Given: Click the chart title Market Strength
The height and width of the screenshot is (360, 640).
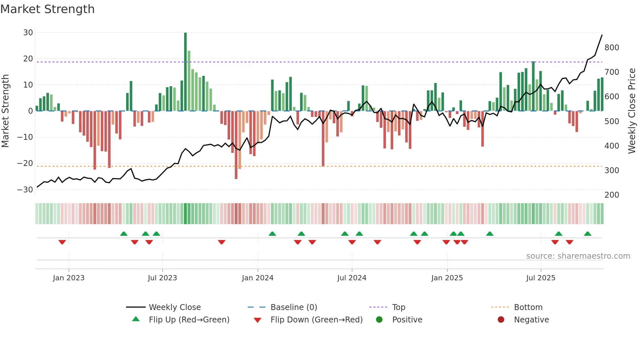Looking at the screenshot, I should [x=47, y=9].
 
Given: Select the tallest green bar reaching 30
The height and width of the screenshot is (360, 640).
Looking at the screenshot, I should [x=185, y=72].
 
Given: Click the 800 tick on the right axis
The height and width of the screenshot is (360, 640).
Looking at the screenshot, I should [x=612, y=48].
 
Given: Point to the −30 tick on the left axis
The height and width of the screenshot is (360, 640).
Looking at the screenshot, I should [x=25, y=190].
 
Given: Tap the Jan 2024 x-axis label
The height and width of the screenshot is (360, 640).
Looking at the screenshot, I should [x=258, y=278].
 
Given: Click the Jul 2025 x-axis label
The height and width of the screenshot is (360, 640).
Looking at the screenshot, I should [x=541, y=278].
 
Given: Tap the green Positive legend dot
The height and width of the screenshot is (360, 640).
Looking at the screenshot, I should [x=379, y=320].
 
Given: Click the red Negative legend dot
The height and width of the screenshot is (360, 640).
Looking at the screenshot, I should [x=501, y=320].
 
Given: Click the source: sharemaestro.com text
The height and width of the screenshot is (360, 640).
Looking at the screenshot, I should [x=578, y=256].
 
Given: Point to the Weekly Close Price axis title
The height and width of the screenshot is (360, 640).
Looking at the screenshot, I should [x=632, y=111].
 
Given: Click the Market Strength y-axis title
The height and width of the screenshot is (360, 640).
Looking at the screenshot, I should [x=5, y=111].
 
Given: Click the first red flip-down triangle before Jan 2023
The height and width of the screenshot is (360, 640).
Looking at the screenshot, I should [x=62, y=242].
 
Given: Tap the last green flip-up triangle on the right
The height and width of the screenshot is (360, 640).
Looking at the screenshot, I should [x=587, y=234].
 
